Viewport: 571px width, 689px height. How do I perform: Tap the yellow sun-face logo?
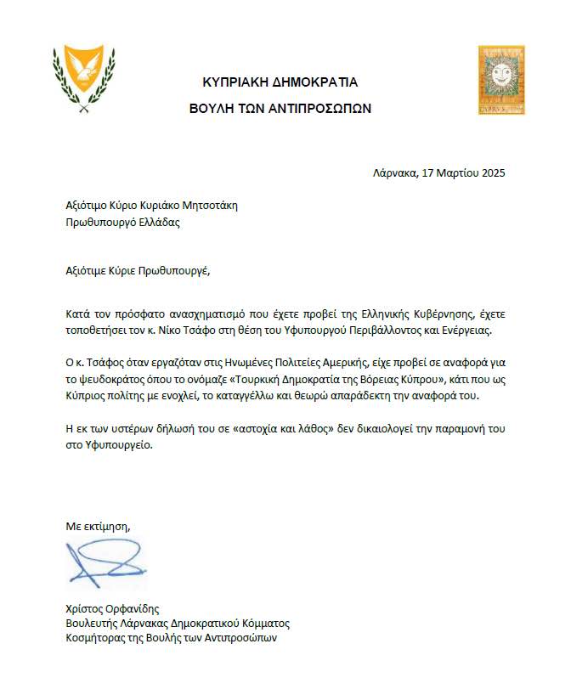point(500,80)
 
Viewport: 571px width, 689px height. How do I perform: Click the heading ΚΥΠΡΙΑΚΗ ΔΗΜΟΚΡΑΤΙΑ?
point(280,82)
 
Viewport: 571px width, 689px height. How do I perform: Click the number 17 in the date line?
point(428,173)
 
